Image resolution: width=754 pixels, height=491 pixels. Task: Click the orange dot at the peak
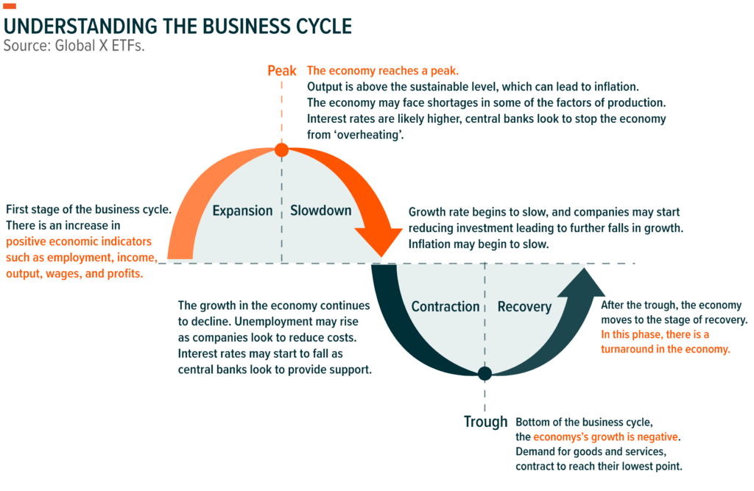coord(281,150)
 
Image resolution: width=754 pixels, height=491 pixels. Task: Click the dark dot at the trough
coord(485,374)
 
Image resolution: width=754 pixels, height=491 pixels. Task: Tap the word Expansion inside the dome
coord(242,211)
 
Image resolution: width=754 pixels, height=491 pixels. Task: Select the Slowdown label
coord(320,211)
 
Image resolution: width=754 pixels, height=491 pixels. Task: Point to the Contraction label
coord(445,306)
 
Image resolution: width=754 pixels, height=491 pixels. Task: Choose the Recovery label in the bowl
coord(524,306)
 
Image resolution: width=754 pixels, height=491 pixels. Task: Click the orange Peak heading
coord(281,71)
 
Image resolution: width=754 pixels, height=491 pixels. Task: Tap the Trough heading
coord(485,422)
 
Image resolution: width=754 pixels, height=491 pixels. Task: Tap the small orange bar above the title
coord(10,7)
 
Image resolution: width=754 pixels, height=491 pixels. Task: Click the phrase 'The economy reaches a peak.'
coord(382,71)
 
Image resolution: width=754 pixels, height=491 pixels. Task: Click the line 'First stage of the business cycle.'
coord(89,209)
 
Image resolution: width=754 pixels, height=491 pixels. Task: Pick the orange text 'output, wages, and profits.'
coord(74,274)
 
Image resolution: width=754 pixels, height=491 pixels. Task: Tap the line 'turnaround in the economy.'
coord(666,350)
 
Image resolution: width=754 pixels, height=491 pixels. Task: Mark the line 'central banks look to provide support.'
coord(275,369)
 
